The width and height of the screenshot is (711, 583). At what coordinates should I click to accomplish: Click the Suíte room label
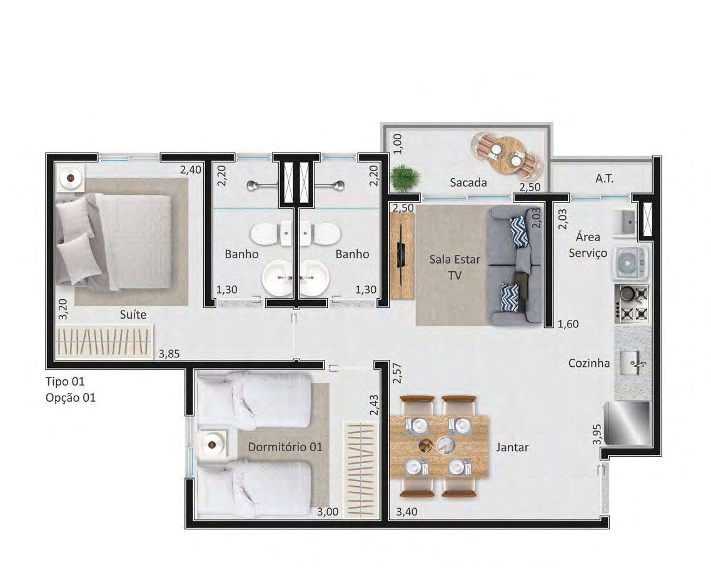point(133,314)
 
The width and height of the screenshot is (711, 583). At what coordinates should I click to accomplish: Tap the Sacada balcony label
point(468,182)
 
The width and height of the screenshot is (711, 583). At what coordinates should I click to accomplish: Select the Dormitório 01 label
point(285,447)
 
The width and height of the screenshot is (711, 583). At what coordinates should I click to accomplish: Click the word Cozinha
point(589,363)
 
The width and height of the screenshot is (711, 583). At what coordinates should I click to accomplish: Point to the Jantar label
point(512,447)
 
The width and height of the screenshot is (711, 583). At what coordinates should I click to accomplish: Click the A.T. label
point(605,179)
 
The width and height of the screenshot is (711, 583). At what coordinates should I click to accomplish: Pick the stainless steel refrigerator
point(627,423)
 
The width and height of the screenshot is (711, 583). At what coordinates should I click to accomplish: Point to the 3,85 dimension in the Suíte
point(169,354)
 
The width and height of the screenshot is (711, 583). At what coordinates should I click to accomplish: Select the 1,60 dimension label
point(568,324)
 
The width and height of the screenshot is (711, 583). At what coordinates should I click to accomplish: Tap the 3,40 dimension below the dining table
point(406,512)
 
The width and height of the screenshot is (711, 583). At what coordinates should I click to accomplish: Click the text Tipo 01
point(65,381)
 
